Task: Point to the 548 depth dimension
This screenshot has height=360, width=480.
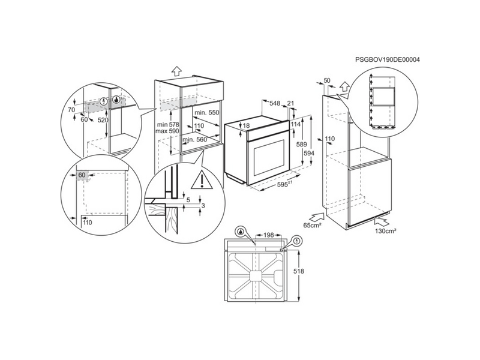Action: coord(275,104)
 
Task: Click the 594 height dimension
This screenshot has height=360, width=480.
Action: coord(308,153)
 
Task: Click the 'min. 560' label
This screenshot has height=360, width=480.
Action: coord(194,139)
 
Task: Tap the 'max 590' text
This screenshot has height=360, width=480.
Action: coord(167,131)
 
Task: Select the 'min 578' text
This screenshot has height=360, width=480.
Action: coord(167,124)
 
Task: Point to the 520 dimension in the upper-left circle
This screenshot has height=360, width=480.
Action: coord(103,120)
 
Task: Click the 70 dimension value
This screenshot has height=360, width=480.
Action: coord(71,111)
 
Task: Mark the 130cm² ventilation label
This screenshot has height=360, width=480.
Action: coord(386,230)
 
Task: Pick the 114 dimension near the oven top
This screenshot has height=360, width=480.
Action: coord(295,124)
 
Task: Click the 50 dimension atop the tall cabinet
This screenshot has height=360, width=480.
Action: coord(327,80)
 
